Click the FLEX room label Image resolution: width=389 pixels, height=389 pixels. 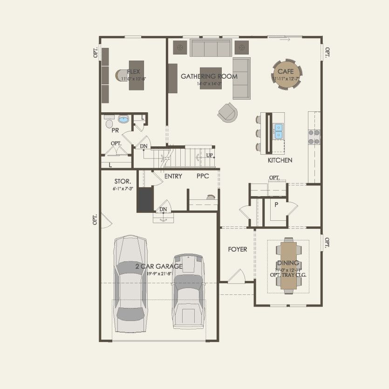[x=134, y=72]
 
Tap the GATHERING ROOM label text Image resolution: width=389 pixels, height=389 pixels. [x=209, y=76]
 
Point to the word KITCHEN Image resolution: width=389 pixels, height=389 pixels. [x=280, y=160]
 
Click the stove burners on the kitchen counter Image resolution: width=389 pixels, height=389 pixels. [x=314, y=136]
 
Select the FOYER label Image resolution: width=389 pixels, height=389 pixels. [x=237, y=249]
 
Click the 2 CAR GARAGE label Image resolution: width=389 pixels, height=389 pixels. [x=158, y=266]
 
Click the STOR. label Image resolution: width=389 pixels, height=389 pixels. [x=123, y=181]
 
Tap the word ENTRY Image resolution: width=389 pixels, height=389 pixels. [x=173, y=177]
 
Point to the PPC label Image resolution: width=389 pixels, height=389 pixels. [x=203, y=177]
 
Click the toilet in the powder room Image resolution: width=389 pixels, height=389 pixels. [x=109, y=123]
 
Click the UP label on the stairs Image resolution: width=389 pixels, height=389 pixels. [x=210, y=155]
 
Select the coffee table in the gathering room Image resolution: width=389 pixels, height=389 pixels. [x=211, y=78]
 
